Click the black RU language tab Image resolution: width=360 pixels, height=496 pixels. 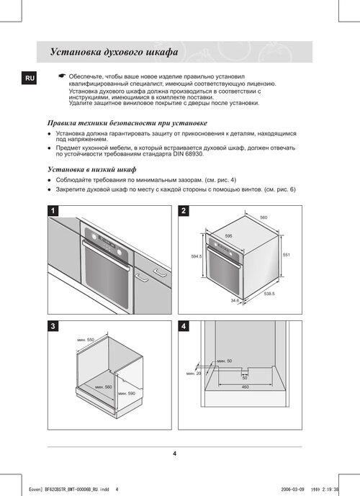click(x=30, y=78)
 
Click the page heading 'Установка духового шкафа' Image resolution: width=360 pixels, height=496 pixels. click(x=114, y=52)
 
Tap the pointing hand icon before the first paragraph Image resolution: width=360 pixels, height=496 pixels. click(x=62, y=76)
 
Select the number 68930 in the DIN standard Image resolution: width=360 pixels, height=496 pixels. click(x=193, y=154)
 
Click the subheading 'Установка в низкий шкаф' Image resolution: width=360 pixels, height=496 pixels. click(x=92, y=170)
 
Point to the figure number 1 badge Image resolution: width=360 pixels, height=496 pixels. click(x=53, y=211)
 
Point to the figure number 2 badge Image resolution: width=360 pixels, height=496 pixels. click(x=184, y=211)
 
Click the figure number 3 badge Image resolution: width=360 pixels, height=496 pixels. click(x=53, y=326)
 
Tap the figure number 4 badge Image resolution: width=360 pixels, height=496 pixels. click(x=184, y=326)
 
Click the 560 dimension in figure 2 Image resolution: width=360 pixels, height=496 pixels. click(x=264, y=217)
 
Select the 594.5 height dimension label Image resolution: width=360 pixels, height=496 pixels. click(x=197, y=256)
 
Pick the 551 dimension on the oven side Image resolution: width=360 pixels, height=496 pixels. click(x=287, y=255)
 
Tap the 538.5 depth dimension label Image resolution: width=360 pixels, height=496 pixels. click(x=269, y=294)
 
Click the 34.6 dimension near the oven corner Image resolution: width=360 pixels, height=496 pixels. click(x=235, y=300)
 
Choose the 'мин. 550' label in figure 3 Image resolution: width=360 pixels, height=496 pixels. click(x=86, y=340)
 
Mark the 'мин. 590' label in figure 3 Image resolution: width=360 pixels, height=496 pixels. click(x=127, y=394)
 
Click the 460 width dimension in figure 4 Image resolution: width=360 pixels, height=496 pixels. click(x=246, y=387)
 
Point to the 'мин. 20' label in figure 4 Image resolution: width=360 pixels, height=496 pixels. click(x=194, y=374)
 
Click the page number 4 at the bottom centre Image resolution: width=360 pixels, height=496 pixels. click(x=175, y=454)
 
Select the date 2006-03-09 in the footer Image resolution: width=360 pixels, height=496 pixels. click(x=292, y=490)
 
